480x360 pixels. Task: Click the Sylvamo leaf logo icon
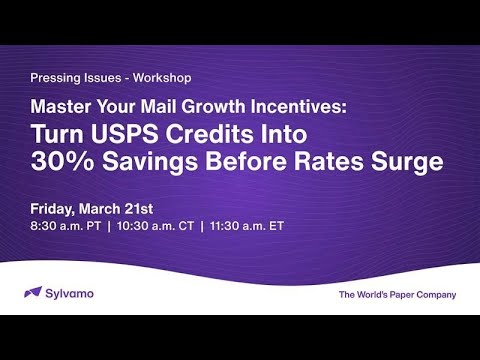point(32,294)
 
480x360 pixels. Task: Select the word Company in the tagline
point(436,295)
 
